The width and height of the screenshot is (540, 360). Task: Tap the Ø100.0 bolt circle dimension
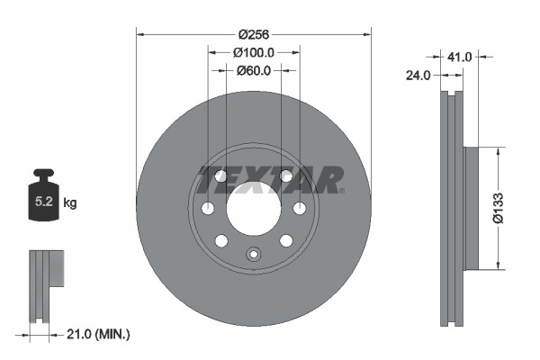click(x=254, y=53)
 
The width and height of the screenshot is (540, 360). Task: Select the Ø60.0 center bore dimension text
click(x=254, y=71)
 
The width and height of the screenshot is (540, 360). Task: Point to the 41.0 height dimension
click(x=460, y=57)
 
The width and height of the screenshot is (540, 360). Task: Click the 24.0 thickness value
click(x=418, y=77)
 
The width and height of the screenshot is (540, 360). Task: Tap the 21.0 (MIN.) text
click(x=98, y=334)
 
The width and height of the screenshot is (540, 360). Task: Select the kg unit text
click(x=70, y=203)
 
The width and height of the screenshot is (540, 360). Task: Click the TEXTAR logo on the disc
click(x=269, y=180)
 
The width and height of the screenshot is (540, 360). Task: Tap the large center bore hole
click(x=253, y=210)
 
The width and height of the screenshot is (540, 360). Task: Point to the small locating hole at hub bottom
click(x=253, y=254)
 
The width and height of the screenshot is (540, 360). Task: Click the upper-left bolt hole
click(x=220, y=176)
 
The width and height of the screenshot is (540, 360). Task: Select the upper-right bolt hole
click(x=286, y=176)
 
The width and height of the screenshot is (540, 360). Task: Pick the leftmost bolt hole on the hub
click(x=208, y=210)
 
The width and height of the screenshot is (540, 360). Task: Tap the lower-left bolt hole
click(x=220, y=241)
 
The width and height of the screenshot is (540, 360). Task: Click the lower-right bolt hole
click(x=286, y=240)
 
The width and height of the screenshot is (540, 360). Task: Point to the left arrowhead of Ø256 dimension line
click(x=139, y=34)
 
